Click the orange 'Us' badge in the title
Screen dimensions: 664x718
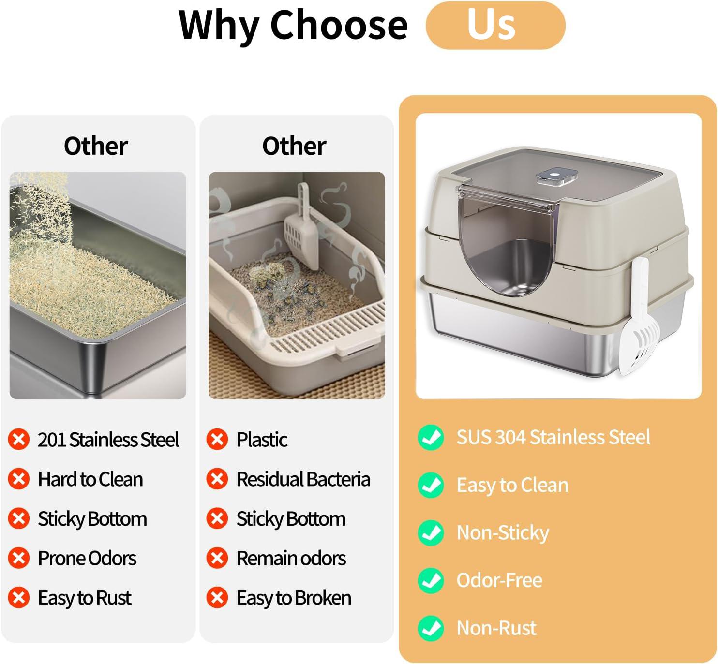[495, 25]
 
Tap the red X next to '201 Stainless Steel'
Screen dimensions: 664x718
[19, 440]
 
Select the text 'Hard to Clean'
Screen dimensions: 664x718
[90, 479]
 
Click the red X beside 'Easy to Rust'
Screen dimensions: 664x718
[19, 598]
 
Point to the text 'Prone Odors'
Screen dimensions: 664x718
[87, 558]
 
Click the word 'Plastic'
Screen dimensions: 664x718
[262, 440]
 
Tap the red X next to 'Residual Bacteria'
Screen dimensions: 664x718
[217, 479]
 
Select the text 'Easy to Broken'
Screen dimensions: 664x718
[294, 598]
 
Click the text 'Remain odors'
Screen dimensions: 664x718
[291, 558]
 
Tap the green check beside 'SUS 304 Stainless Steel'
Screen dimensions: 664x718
[431, 437]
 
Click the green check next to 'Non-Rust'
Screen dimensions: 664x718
[431, 628]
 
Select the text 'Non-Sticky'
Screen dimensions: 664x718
[503, 532]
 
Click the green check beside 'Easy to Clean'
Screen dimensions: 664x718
[431, 485]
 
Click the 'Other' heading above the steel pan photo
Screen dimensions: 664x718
[96, 146]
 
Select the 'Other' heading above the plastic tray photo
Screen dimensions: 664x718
[294, 146]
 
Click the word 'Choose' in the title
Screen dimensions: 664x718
[339, 25]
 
